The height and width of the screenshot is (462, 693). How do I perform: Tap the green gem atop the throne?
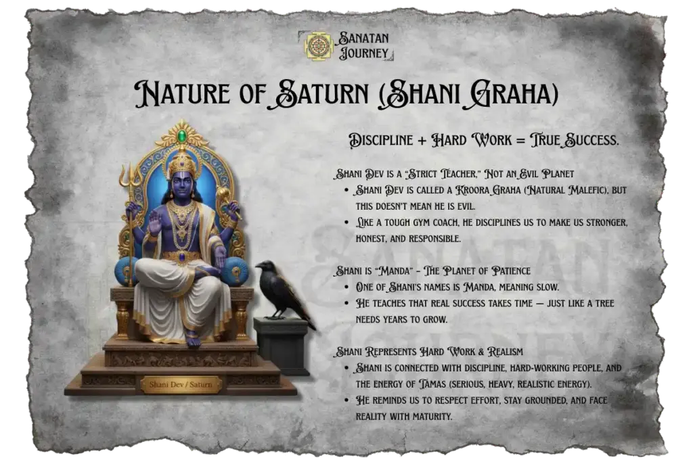[x=181, y=136]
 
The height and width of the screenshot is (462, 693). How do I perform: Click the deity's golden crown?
[x=181, y=164]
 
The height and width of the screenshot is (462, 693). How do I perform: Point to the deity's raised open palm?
[x=154, y=220]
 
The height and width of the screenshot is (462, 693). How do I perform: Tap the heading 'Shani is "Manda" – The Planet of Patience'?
[x=433, y=272]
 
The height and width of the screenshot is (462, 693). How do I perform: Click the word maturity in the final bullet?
[x=430, y=416]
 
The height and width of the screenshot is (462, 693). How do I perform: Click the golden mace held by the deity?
[x=223, y=196]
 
